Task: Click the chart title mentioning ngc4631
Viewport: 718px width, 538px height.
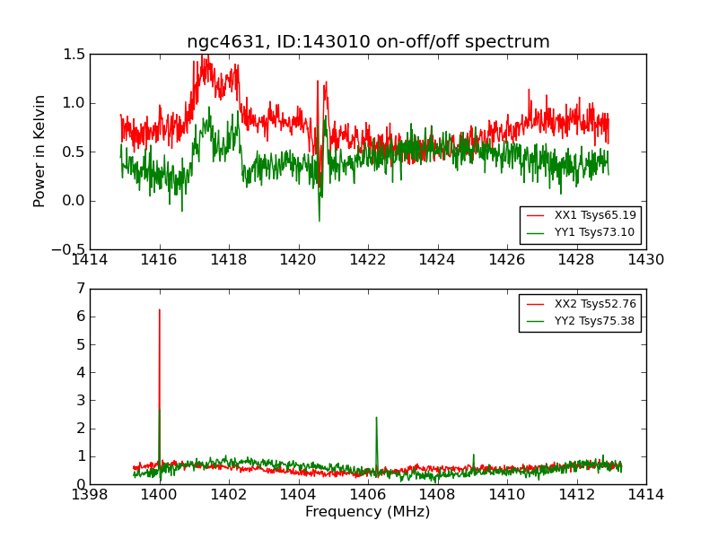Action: click(x=368, y=42)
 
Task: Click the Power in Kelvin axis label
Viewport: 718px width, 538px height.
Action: click(x=39, y=151)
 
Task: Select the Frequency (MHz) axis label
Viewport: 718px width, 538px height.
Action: click(x=368, y=512)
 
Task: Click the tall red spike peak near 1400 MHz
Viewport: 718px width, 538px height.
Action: click(x=160, y=310)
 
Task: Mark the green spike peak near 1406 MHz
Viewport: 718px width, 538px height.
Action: click(x=376, y=417)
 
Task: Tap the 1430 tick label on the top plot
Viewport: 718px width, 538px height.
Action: click(x=645, y=260)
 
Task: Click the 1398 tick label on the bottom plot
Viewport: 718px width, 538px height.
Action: click(x=90, y=495)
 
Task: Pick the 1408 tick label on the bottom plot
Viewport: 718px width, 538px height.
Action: click(x=437, y=495)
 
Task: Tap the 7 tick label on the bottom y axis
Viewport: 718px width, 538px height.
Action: click(x=81, y=289)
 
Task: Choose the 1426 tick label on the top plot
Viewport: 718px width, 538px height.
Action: click(x=507, y=260)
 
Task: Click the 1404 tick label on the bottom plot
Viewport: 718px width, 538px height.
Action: click(x=298, y=495)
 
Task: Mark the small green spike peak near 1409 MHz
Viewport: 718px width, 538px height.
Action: click(x=474, y=455)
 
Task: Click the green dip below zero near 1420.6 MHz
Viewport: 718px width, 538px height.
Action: click(x=319, y=220)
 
